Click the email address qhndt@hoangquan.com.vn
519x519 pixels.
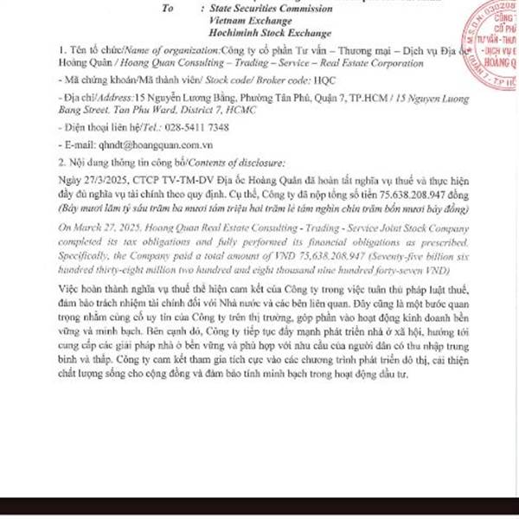(x=148, y=145)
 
